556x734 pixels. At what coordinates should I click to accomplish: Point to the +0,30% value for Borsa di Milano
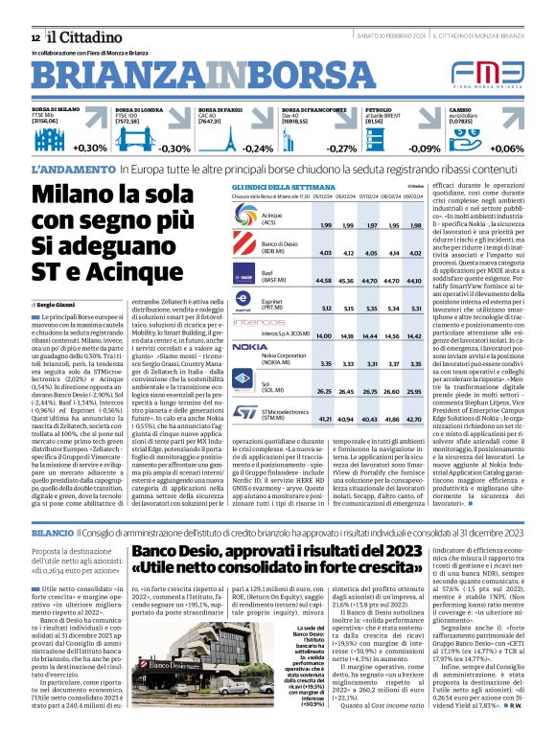pos(90,148)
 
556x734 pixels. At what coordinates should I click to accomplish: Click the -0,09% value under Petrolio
pos(424,149)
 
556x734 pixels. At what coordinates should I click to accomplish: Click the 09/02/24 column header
pos(414,196)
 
